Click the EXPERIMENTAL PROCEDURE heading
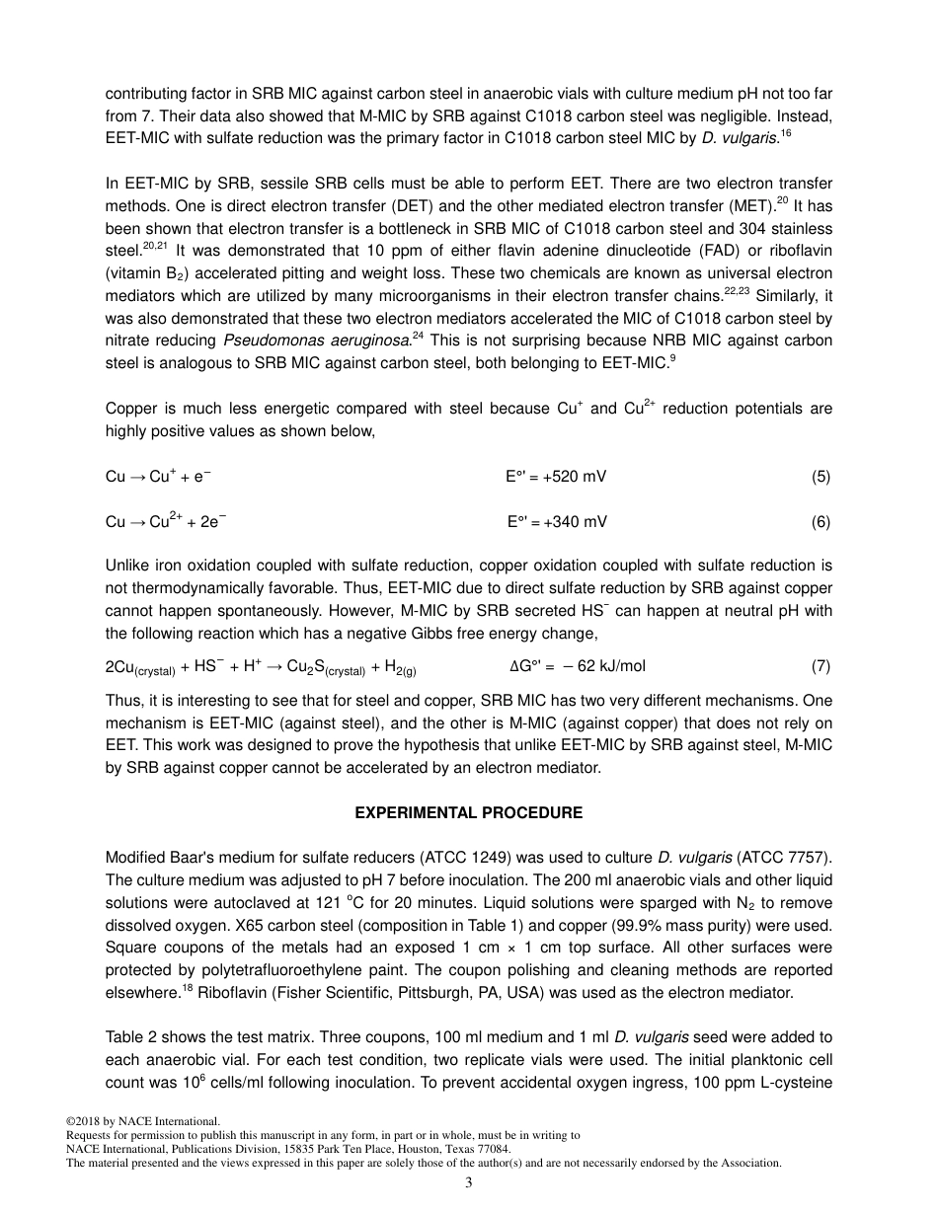pyautogui.click(x=468, y=813)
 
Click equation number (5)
pyautogui.click(x=821, y=477)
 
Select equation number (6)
pyautogui.click(x=821, y=522)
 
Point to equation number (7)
pyautogui.click(x=821, y=666)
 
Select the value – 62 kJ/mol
pyautogui.click(x=604, y=666)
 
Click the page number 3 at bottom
pyautogui.click(x=469, y=1183)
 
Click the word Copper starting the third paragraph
pyautogui.click(x=130, y=409)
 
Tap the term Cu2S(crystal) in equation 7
pyautogui.click(x=326, y=667)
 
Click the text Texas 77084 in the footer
pyautogui.click(x=478, y=1149)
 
